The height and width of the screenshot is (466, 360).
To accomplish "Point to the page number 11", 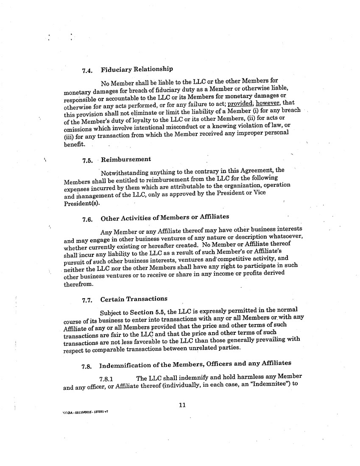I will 182,405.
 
